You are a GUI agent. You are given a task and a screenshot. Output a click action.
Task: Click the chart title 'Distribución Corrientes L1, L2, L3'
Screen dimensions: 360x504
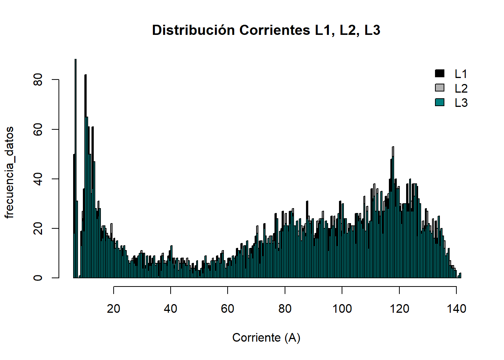point(266,30)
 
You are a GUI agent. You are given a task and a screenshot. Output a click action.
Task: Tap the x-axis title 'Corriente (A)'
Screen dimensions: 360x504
point(266,337)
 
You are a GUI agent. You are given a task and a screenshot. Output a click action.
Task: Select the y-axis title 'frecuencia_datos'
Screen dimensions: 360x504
point(9,172)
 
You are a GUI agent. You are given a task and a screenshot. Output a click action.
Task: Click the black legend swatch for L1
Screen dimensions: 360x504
point(439,73)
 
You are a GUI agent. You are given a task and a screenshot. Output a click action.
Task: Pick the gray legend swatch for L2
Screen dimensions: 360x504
point(439,88)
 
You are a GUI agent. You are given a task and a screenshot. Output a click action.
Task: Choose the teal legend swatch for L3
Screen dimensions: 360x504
point(439,102)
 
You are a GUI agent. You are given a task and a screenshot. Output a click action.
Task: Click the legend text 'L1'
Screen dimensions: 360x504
point(461,74)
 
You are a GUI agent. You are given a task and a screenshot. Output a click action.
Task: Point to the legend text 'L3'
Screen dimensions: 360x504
point(461,103)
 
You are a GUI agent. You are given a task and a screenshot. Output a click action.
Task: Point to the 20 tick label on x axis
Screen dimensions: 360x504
point(113,309)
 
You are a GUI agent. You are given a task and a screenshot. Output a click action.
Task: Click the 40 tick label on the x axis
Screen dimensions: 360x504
point(171,309)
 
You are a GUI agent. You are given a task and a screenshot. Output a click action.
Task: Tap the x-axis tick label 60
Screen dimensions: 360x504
point(228,309)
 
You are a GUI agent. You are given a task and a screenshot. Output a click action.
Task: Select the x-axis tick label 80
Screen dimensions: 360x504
point(285,309)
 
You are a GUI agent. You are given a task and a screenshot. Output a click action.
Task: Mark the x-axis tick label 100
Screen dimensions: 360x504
point(342,309)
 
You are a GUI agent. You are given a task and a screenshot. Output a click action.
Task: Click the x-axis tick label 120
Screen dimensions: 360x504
point(399,309)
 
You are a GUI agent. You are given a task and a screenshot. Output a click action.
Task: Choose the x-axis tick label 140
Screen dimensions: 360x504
point(456,309)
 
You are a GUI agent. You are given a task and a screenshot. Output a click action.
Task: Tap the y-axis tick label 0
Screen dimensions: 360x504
point(38,278)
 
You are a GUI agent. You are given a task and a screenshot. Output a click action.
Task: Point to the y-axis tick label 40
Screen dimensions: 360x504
point(38,179)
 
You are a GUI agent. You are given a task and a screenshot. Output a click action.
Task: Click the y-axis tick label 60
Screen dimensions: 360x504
point(38,129)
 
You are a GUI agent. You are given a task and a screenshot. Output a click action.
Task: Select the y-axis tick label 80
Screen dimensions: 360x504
point(38,80)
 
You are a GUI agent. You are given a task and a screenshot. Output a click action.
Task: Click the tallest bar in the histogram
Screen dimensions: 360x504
point(75,169)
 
